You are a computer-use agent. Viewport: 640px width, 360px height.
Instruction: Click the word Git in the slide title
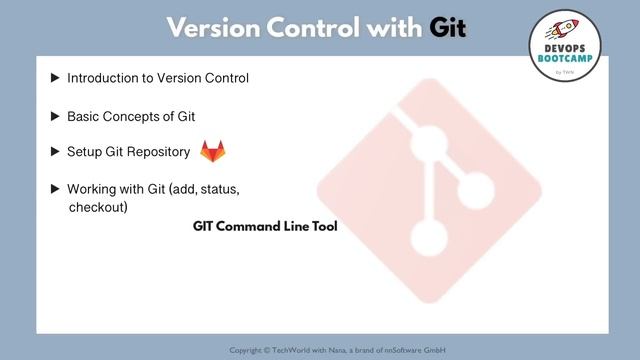(x=448, y=27)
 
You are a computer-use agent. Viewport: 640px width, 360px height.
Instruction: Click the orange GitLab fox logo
(x=213, y=151)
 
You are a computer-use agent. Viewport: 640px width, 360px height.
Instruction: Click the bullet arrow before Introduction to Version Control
(x=55, y=78)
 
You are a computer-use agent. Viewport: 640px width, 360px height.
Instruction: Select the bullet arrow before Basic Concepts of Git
(x=55, y=116)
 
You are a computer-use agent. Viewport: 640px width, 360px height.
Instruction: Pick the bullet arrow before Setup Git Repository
(x=55, y=153)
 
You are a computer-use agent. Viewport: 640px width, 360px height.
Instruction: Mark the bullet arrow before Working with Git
(x=55, y=189)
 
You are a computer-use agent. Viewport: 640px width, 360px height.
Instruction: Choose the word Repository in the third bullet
(x=158, y=153)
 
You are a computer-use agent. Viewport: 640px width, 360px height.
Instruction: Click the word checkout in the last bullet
(x=97, y=208)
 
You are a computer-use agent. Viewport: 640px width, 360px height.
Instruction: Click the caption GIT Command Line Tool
(x=265, y=227)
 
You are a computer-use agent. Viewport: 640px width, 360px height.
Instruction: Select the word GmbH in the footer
(x=434, y=350)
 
